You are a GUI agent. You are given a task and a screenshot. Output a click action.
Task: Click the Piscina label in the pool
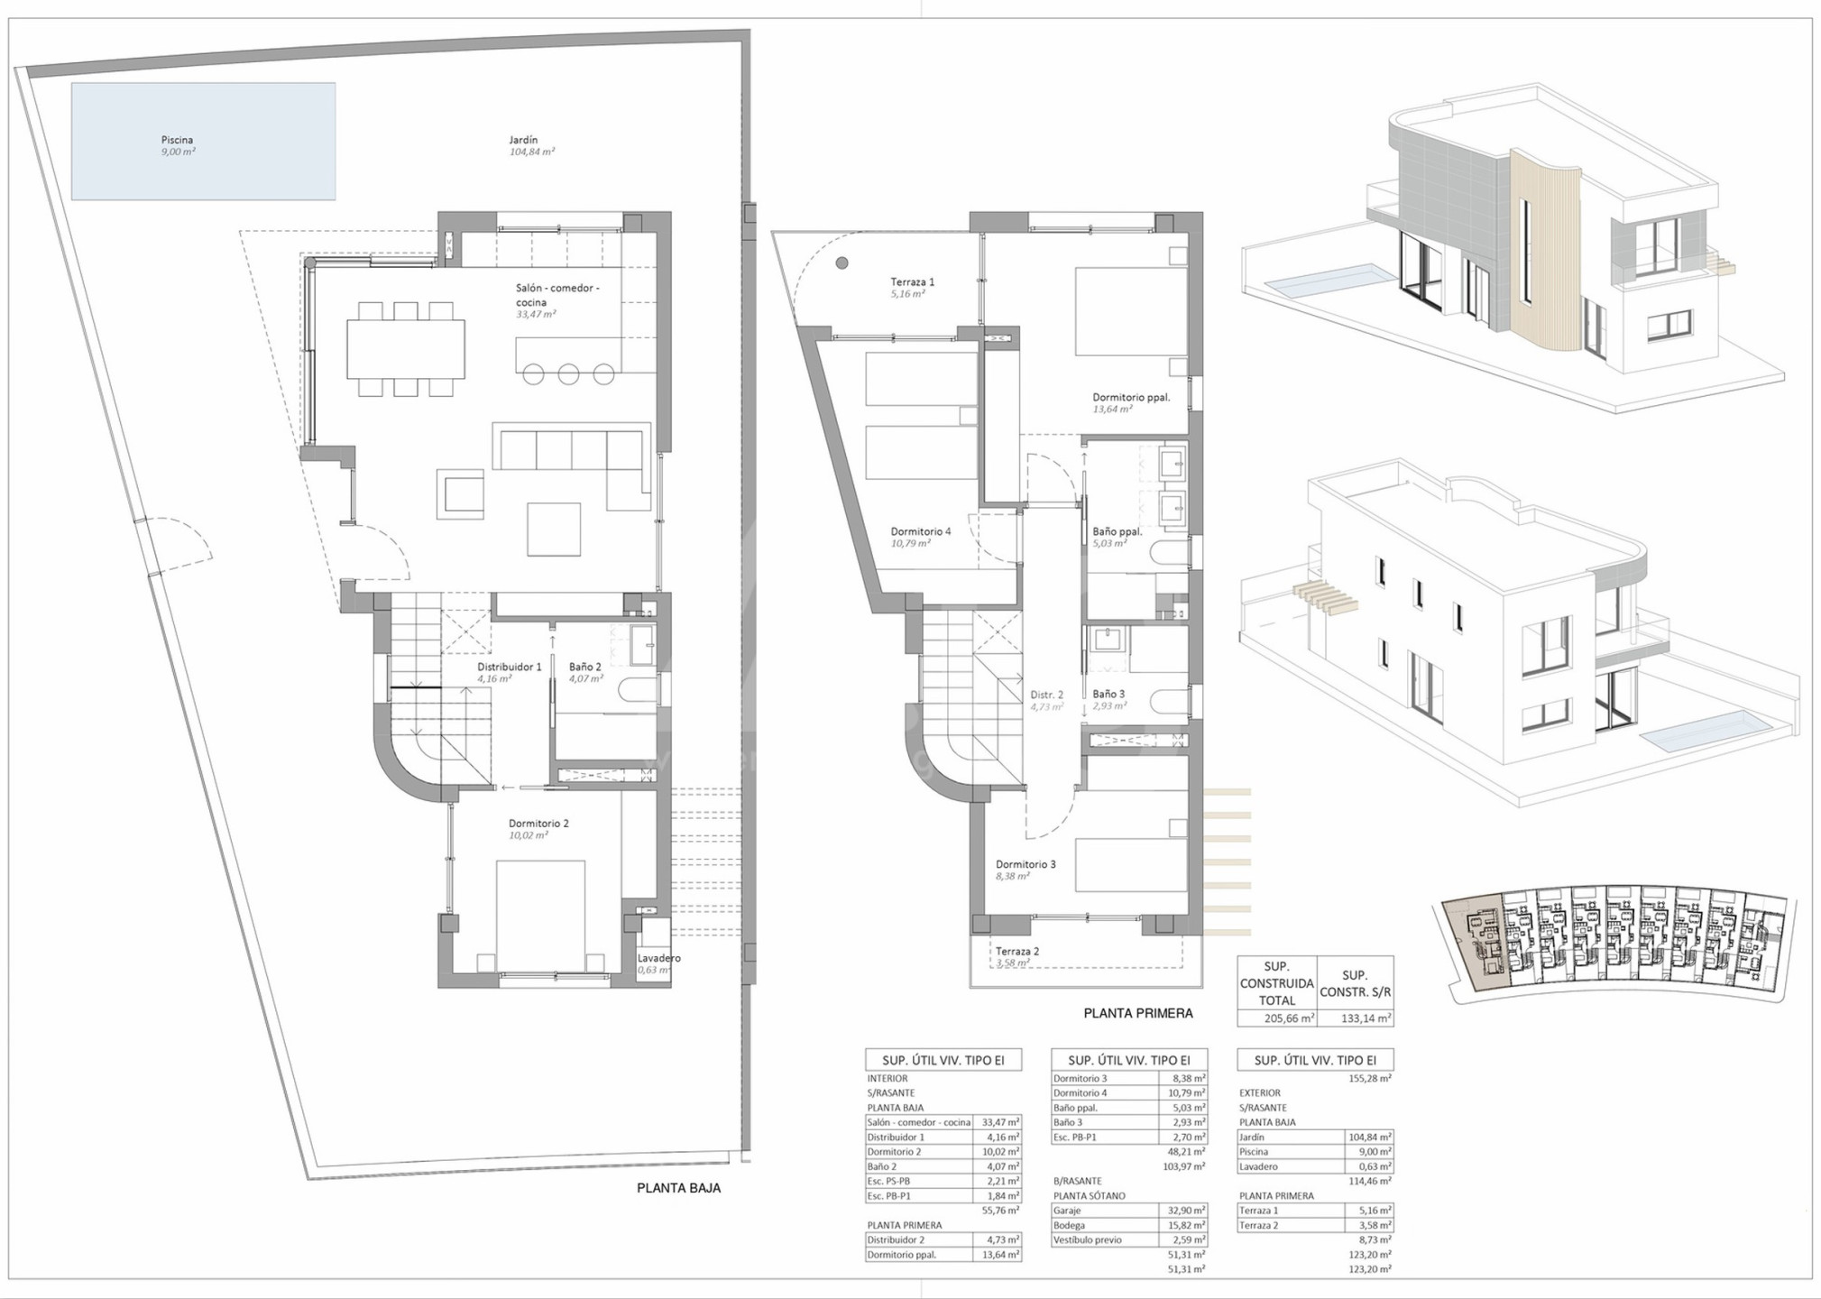pyautogui.click(x=177, y=140)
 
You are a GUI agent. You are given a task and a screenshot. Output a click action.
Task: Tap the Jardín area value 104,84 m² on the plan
pyautogui.click(x=532, y=152)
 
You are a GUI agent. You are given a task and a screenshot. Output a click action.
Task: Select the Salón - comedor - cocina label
pyautogui.click(x=557, y=295)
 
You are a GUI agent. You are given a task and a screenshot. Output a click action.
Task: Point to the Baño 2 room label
pyautogui.click(x=584, y=667)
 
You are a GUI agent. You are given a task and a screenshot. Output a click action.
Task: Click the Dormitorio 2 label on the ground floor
pyautogui.click(x=538, y=824)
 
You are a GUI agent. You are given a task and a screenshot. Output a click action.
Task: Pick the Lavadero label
pyautogui.click(x=658, y=958)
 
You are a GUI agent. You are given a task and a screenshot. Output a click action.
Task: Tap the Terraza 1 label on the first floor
pyautogui.click(x=913, y=282)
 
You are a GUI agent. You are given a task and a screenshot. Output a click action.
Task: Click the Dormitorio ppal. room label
pyautogui.click(x=1131, y=397)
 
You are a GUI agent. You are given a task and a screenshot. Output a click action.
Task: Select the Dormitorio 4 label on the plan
pyautogui.click(x=921, y=531)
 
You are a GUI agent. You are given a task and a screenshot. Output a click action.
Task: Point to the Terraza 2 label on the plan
pyautogui.click(x=1017, y=951)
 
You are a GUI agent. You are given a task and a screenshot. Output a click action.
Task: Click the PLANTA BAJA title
pyautogui.click(x=678, y=1188)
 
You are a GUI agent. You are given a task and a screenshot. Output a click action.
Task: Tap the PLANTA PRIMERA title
pyautogui.click(x=1138, y=1013)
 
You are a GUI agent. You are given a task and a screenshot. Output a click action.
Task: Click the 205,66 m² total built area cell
pyautogui.click(x=1276, y=1018)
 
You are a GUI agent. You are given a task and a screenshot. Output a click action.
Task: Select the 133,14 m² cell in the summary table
pyautogui.click(x=1355, y=1018)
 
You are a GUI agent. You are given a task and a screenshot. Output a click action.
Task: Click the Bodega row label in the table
pyautogui.click(x=1069, y=1225)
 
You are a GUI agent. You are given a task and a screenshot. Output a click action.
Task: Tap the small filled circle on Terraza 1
pyautogui.click(x=842, y=263)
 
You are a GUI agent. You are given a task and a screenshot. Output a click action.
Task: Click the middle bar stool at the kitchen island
pyautogui.click(x=568, y=373)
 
